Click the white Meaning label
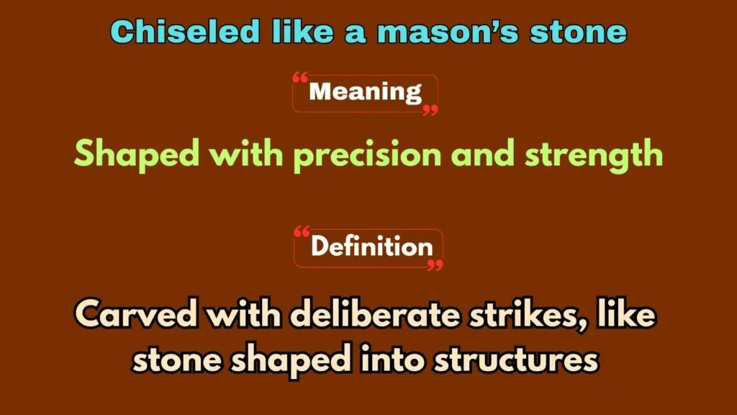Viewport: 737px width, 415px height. point(365,92)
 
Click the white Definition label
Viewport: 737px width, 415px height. point(371,247)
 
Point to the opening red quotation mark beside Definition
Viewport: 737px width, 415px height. point(302,232)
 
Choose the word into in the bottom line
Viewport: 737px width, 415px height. point(395,358)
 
